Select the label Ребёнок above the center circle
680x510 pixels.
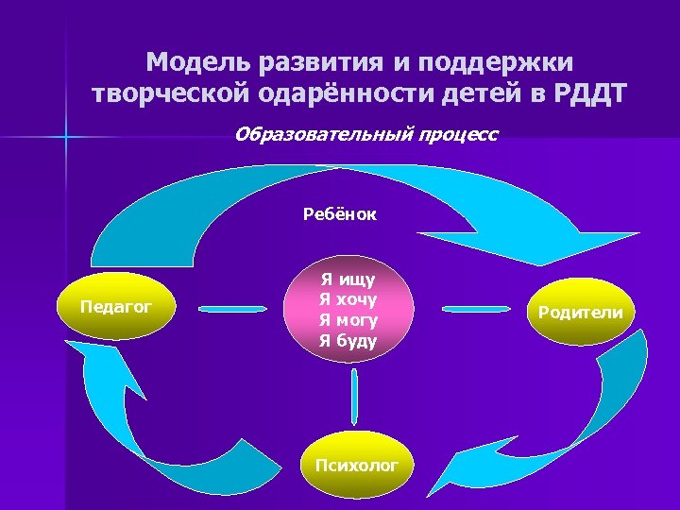[x=339, y=214]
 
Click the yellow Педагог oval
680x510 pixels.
[x=116, y=308]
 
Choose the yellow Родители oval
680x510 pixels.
[x=580, y=312]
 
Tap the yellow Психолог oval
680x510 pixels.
[x=356, y=464]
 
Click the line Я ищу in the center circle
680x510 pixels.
[x=348, y=280]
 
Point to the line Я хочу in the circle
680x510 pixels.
[x=348, y=299]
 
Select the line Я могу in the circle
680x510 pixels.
[x=348, y=320]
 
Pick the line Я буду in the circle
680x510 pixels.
[x=348, y=340]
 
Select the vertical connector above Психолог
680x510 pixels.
[x=354, y=397]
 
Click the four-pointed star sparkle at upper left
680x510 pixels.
[x=66, y=138]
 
